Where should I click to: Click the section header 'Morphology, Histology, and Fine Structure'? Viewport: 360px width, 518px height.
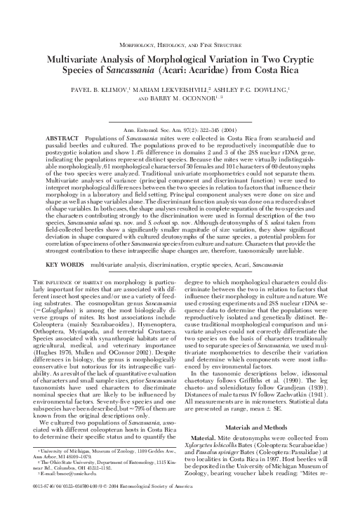[180, 43]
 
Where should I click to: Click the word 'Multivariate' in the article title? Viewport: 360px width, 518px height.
[73, 60]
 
